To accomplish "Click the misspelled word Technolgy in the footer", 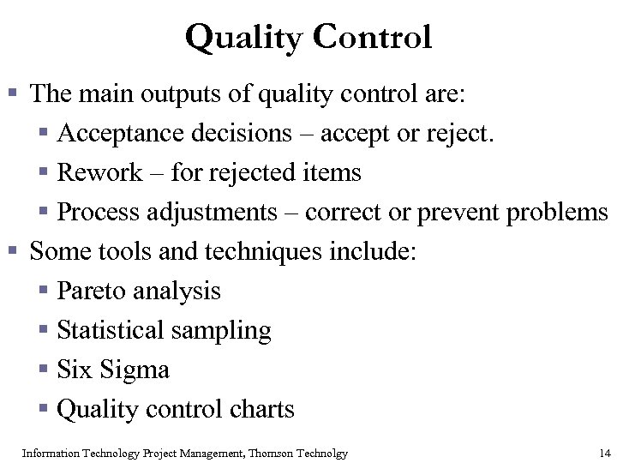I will pyautogui.click(x=323, y=452).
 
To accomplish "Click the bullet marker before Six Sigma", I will pyautogui.click(x=45, y=370).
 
